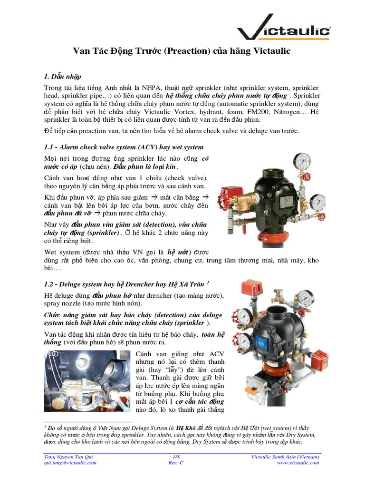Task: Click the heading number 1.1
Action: (50, 147)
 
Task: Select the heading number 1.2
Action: (50, 284)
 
